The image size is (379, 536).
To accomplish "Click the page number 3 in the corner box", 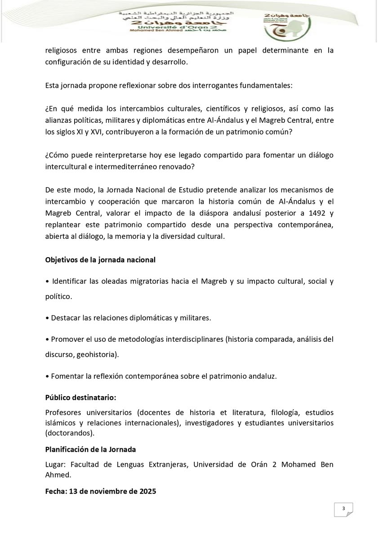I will click(343, 509).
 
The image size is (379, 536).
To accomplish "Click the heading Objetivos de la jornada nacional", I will click(100, 259).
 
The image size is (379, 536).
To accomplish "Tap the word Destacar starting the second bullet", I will click(65, 318).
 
